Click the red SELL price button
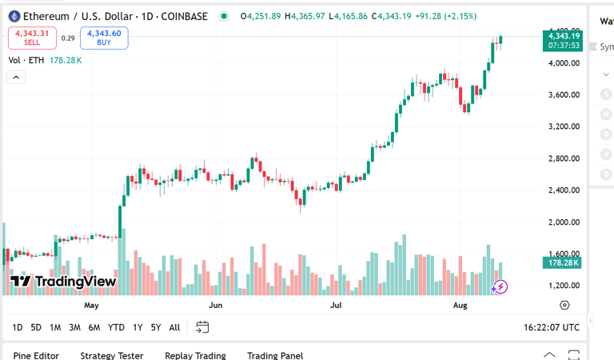pyautogui.click(x=32, y=38)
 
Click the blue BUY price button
pyautogui.click(x=104, y=38)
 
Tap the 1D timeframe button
pyautogui.click(x=18, y=327)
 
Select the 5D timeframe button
pyautogui.click(x=36, y=327)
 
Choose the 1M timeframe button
pyautogui.click(x=55, y=327)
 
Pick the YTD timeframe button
pyautogui.click(x=116, y=327)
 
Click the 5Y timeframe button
pyautogui.click(x=155, y=327)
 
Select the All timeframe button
pyautogui.click(x=174, y=327)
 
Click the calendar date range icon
pyautogui.click(x=202, y=327)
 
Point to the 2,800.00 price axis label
pyautogui.click(x=564, y=158)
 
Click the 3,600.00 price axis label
pyautogui.click(x=564, y=95)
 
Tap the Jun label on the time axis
pyautogui.click(x=215, y=306)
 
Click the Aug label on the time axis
pyautogui.click(x=460, y=306)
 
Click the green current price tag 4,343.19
pyautogui.click(x=564, y=36)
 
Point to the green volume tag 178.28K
pyautogui.click(x=563, y=262)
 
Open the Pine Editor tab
pyautogui.click(x=36, y=355)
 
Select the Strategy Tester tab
pyautogui.click(x=111, y=355)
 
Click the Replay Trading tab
pyautogui.click(x=195, y=355)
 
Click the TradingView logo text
pyautogui.click(x=64, y=282)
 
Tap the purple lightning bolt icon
pyautogui.click(x=500, y=286)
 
